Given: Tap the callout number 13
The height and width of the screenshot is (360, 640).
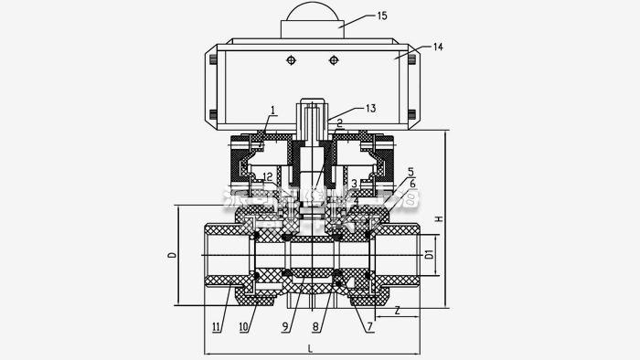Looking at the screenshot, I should pos(370,108).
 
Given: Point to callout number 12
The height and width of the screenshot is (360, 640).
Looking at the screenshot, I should pos(268,175).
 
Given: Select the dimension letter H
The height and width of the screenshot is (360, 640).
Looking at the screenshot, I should pos(440,219).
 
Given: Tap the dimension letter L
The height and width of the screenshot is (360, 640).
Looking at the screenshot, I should pos(311,348).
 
